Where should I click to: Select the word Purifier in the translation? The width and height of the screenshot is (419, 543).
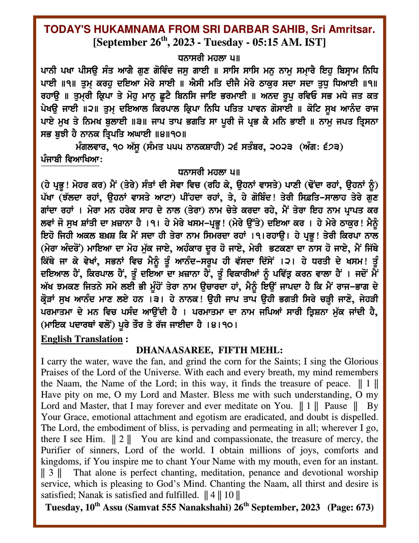(x=58, y=450)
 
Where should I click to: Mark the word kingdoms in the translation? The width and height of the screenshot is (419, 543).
(x=59, y=462)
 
